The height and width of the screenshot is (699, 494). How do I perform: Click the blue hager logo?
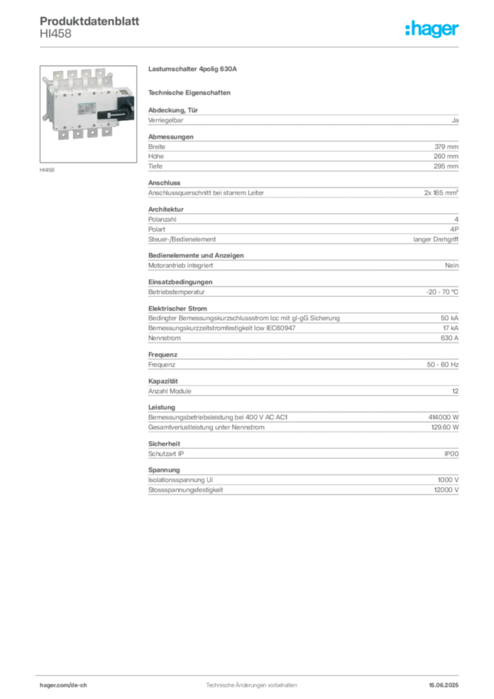pos(433,29)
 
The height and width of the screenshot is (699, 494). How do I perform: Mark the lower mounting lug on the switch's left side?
pos(44,116)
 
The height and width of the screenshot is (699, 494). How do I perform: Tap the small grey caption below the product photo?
pos(48,169)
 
